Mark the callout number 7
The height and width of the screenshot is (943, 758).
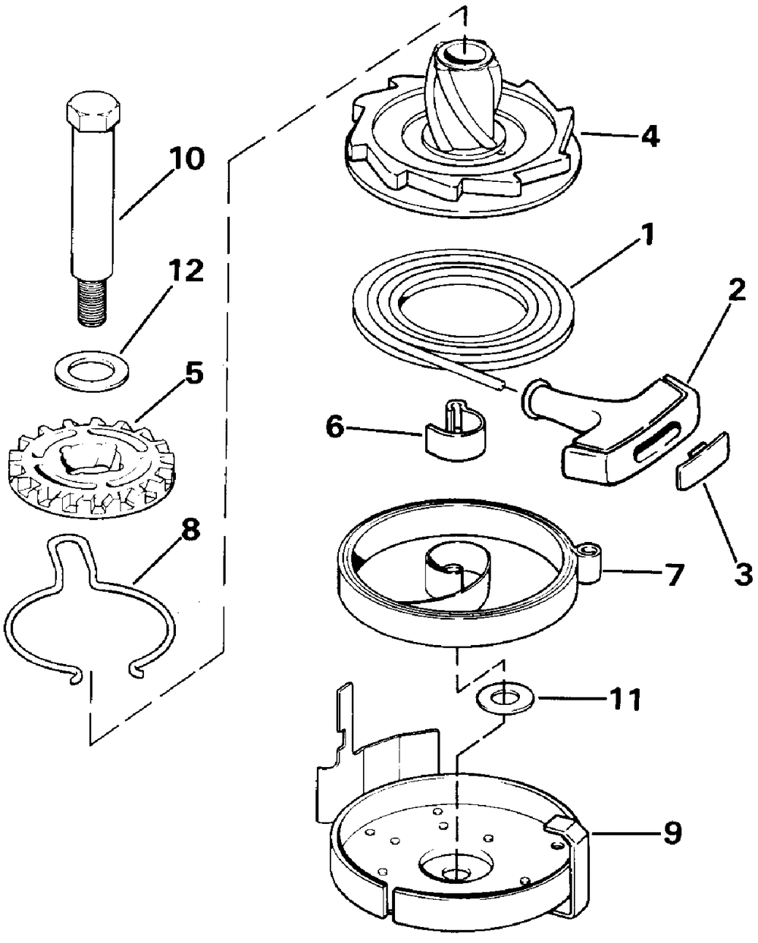[x=673, y=572]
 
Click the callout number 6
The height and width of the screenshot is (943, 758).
[x=334, y=428]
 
